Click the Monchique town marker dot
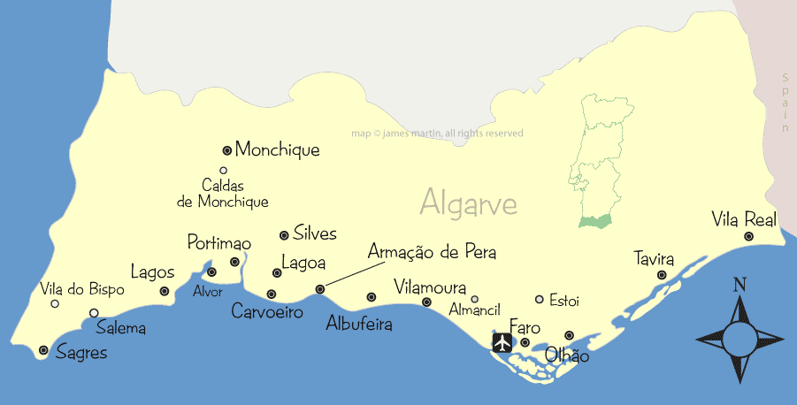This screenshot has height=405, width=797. coord(226,150)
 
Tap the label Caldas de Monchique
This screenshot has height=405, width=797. coord(223,194)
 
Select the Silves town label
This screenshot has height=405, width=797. coord(315,233)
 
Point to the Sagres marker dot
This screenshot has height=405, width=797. coord(43,351)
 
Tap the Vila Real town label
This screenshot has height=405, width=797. coord(744,218)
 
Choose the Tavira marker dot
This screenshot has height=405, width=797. coord(662,275)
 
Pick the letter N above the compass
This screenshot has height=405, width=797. coord(740,285)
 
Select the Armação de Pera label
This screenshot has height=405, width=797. coord(432,252)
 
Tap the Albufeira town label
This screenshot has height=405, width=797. coord(359,323)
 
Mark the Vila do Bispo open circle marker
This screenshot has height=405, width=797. coord(55,303)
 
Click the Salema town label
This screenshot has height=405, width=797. coord(121,328)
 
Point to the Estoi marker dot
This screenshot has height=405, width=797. coord(540,300)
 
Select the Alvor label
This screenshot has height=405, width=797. coord(207,292)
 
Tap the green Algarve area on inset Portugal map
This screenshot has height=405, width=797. coord(594,222)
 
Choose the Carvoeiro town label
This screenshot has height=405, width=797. coord(267,311)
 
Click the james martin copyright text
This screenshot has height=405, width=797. coord(437,134)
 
